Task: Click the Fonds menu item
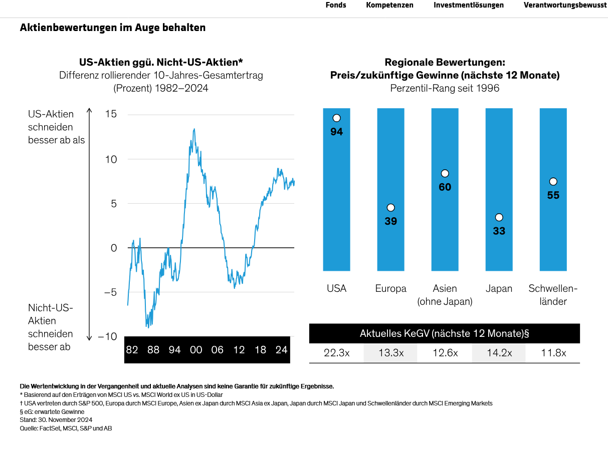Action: click(x=335, y=5)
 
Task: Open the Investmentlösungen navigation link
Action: click(x=468, y=5)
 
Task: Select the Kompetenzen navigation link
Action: click(x=389, y=5)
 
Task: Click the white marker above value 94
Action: click(x=336, y=118)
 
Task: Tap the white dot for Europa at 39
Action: click(x=390, y=207)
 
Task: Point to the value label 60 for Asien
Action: click(x=445, y=187)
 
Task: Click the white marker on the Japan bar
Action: click(x=499, y=217)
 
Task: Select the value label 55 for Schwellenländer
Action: click(x=553, y=195)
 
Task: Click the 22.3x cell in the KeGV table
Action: click(x=336, y=353)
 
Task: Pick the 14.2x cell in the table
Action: click(x=499, y=353)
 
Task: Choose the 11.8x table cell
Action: click(x=553, y=353)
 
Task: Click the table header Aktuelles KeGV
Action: click(x=444, y=333)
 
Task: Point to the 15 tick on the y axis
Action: click(x=111, y=114)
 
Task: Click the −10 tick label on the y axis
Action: click(x=107, y=336)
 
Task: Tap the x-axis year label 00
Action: click(x=196, y=349)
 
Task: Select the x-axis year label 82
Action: click(x=132, y=349)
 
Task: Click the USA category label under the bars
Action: click(x=336, y=289)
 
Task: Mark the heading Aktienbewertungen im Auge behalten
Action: click(x=113, y=28)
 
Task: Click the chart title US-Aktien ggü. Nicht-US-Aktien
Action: click(x=161, y=62)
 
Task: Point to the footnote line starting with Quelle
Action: click(x=66, y=428)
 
